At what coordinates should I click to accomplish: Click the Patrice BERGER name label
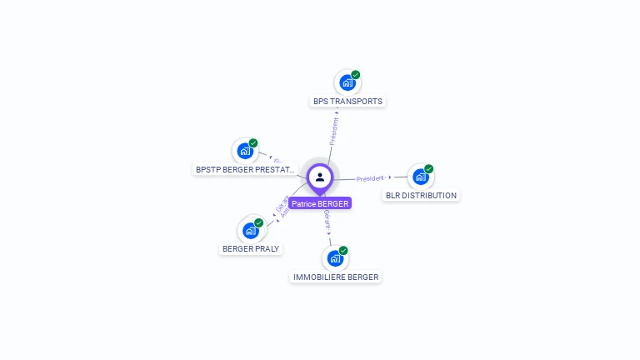320,203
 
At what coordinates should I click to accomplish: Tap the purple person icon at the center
320,177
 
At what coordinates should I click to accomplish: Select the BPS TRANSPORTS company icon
347,83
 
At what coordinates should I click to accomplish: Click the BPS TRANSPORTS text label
347,102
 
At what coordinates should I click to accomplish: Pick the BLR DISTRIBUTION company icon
420,177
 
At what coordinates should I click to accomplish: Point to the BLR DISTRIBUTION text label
421,196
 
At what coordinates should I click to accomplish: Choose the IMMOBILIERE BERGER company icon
335,258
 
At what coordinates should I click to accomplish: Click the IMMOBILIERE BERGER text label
336,277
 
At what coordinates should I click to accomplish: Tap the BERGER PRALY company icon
250,231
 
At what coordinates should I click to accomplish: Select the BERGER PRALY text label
252,249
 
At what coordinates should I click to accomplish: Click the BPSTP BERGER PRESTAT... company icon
244,151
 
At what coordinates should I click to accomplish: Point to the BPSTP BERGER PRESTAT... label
245,169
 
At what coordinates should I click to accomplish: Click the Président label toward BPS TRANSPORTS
334,131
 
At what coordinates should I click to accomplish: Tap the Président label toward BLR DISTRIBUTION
369,178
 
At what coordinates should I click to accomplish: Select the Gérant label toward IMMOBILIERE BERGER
327,221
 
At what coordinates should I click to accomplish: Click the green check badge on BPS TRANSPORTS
356,75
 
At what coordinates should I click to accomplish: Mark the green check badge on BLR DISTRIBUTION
429,168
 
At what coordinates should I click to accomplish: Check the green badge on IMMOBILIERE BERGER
343,250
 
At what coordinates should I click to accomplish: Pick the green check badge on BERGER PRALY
259,222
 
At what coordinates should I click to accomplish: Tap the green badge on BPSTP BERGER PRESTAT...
253,142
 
